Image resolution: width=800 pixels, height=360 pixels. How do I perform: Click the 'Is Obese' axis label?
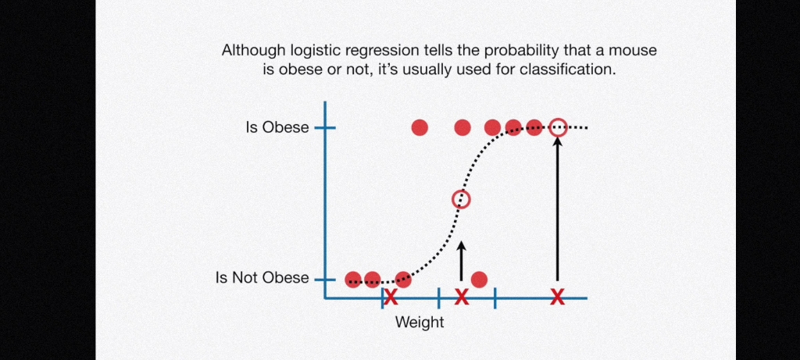(277, 127)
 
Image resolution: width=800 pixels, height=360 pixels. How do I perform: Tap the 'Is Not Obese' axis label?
(262, 278)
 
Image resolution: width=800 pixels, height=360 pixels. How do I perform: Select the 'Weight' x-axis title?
(420, 323)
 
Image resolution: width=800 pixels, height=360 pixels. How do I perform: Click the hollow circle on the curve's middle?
(461, 199)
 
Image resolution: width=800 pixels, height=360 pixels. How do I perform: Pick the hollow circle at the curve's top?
(558, 127)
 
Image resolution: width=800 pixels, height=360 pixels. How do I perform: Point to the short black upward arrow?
(461, 261)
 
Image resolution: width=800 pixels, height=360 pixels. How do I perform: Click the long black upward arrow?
(558, 209)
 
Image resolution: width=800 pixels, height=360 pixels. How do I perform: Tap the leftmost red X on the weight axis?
(391, 297)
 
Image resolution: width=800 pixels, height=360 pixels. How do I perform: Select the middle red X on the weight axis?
(461, 297)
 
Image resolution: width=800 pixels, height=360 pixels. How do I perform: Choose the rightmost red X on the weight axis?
(558, 297)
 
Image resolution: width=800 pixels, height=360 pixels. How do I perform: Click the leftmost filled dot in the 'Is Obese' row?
(420, 127)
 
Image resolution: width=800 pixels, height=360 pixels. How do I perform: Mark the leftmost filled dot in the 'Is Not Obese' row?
(353, 280)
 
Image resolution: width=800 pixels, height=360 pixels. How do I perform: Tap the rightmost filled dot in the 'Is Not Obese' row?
(479, 280)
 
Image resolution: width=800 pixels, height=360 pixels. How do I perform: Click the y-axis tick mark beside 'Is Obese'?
(325, 127)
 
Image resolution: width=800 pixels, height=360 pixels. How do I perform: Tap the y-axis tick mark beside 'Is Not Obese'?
(325, 280)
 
